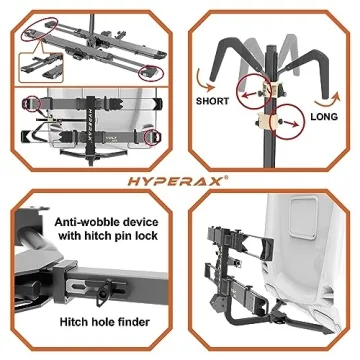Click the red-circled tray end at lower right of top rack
(150, 70)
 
